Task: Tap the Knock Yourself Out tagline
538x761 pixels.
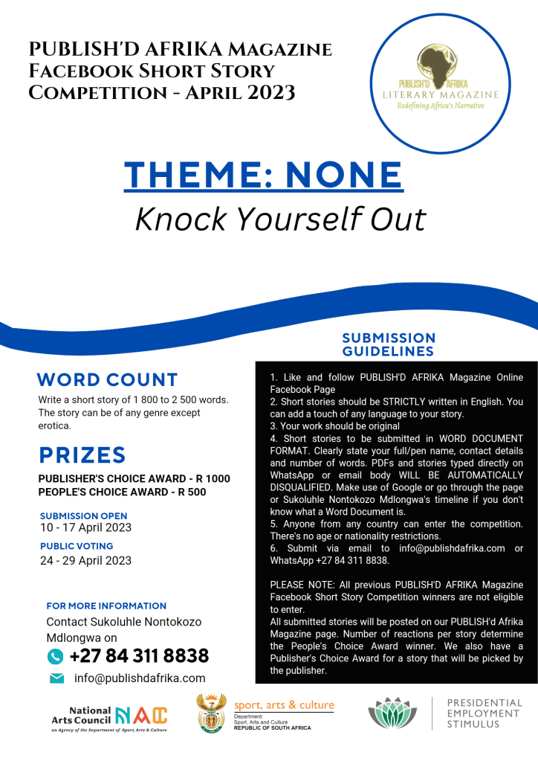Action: coord(280,218)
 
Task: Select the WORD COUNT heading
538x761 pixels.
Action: coord(108,379)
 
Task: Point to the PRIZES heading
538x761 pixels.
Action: coord(82,455)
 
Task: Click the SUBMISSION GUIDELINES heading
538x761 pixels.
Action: coord(389,344)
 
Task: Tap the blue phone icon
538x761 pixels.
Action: coord(55,656)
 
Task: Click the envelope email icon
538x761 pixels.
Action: coord(56,678)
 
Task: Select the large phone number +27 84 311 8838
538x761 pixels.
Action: coord(139,656)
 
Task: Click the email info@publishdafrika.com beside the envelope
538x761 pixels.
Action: coord(140,678)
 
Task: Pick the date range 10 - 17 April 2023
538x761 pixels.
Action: coord(85,528)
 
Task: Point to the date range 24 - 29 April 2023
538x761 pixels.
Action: coord(85,560)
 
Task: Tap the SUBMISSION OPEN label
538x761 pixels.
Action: coord(83,516)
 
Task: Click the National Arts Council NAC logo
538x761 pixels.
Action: coord(110,717)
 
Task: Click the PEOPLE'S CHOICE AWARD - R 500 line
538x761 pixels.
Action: coord(123,492)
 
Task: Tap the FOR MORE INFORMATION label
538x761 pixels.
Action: coord(106,606)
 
